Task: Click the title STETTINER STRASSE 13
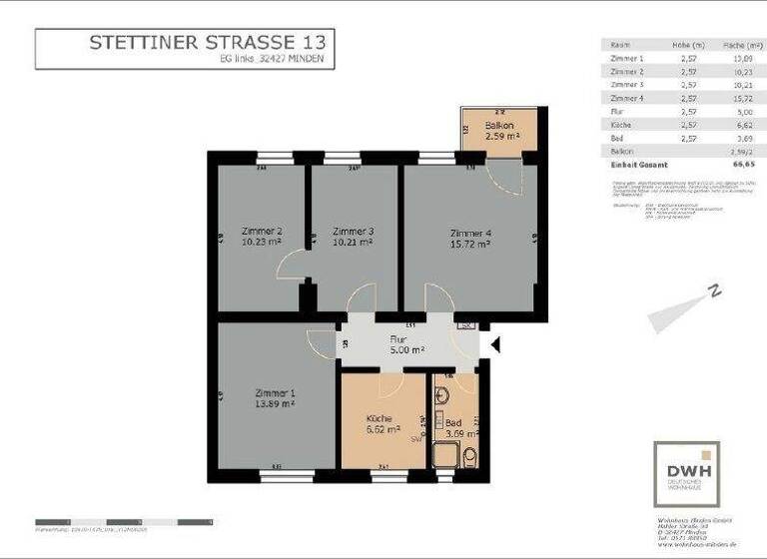coord(207,42)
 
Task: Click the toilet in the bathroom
coord(469,456)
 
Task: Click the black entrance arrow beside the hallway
coord(494,344)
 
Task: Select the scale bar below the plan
coord(124,522)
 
